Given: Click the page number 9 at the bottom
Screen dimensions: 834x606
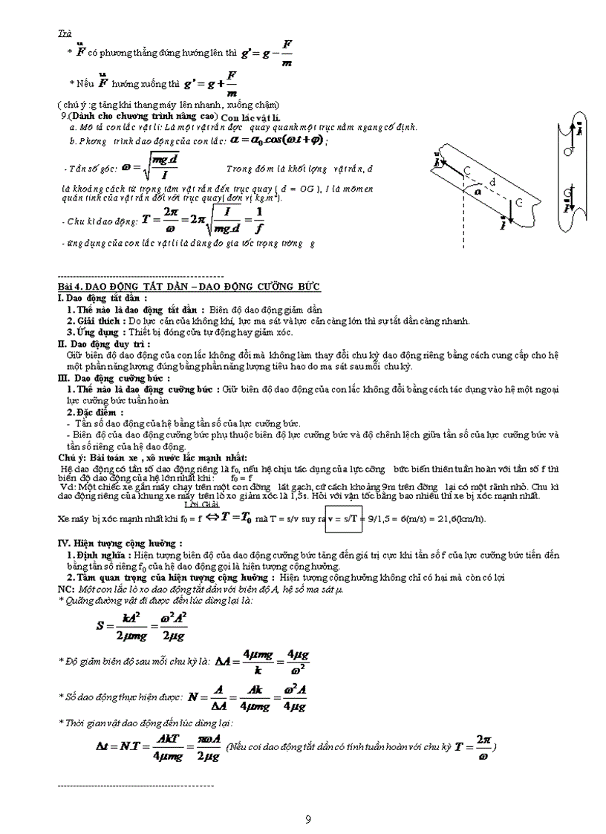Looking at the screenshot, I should point(308,820).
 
